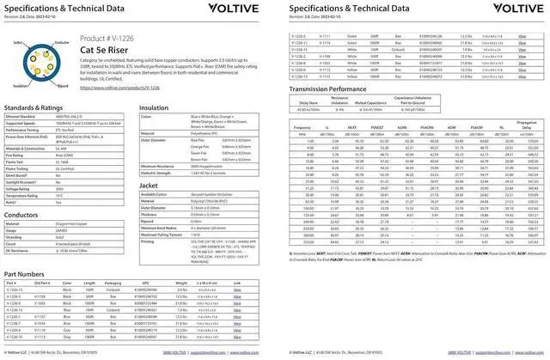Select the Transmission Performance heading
[x=338, y=88]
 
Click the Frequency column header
[x=302, y=127]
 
